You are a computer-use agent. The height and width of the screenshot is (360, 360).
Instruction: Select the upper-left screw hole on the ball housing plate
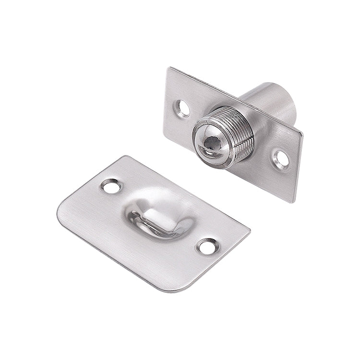(x=183, y=107)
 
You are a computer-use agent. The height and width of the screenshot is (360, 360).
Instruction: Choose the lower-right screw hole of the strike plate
(x=206, y=246)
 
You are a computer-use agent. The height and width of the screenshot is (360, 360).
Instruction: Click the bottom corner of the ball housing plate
(x=291, y=201)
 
